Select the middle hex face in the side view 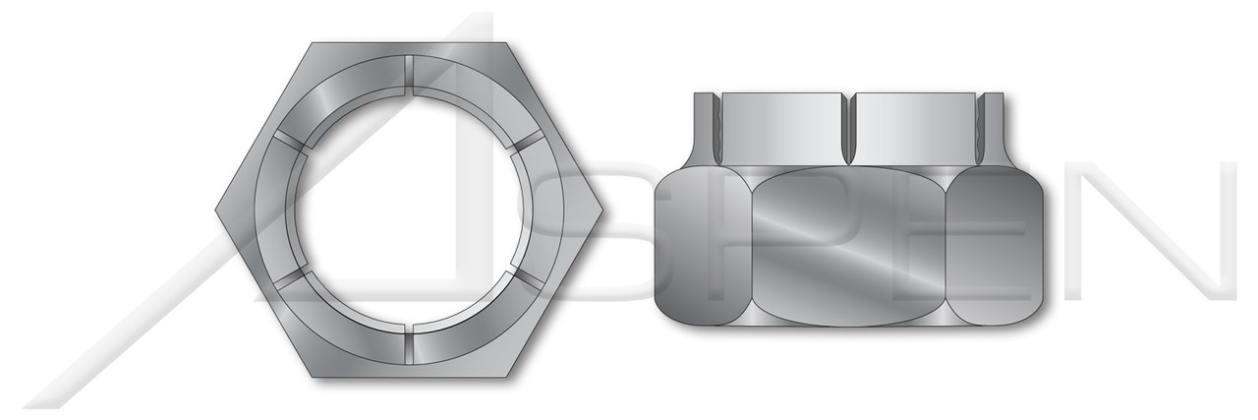[850, 246]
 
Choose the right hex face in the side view [995, 246]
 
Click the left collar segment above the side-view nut [783, 128]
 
